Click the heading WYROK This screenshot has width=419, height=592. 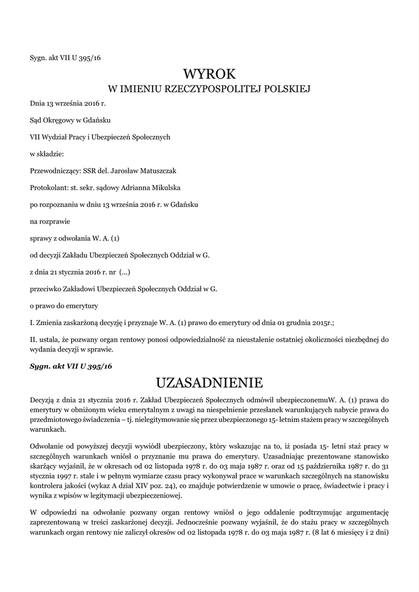(x=209, y=73)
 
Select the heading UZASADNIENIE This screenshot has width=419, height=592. (x=209, y=383)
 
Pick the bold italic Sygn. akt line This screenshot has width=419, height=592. (x=71, y=367)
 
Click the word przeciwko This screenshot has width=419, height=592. (x=46, y=288)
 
